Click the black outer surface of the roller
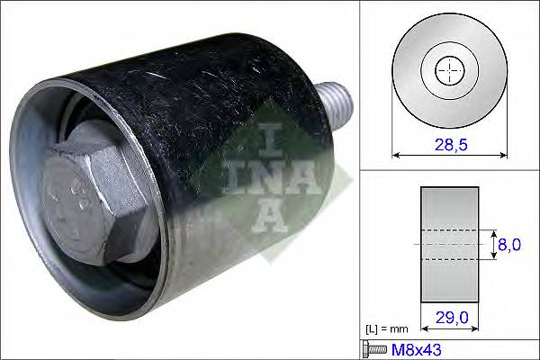[x=207, y=99]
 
